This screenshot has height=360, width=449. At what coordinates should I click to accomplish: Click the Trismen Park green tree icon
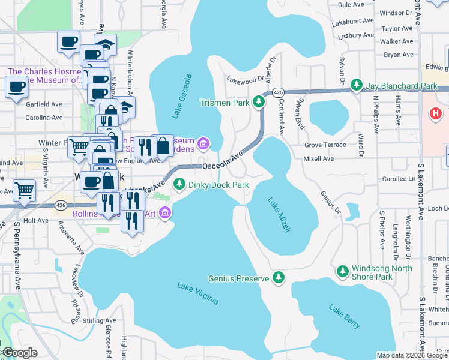[x=259, y=103]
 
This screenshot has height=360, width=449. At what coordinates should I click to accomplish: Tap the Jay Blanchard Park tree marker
[x=357, y=86]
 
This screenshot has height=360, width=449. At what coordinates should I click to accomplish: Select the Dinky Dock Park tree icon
[x=178, y=185]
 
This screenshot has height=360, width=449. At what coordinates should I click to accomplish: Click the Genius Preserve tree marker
[x=278, y=278]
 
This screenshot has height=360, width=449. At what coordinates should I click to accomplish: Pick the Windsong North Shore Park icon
[x=343, y=272]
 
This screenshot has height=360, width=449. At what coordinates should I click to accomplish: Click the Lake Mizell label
[x=279, y=215]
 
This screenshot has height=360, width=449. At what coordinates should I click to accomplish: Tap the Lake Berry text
[x=345, y=316]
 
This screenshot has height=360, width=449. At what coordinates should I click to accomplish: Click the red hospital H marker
[x=436, y=112]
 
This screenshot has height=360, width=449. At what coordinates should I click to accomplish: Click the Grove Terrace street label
[x=325, y=145]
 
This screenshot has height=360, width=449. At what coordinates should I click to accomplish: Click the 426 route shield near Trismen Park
[x=277, y=92]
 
